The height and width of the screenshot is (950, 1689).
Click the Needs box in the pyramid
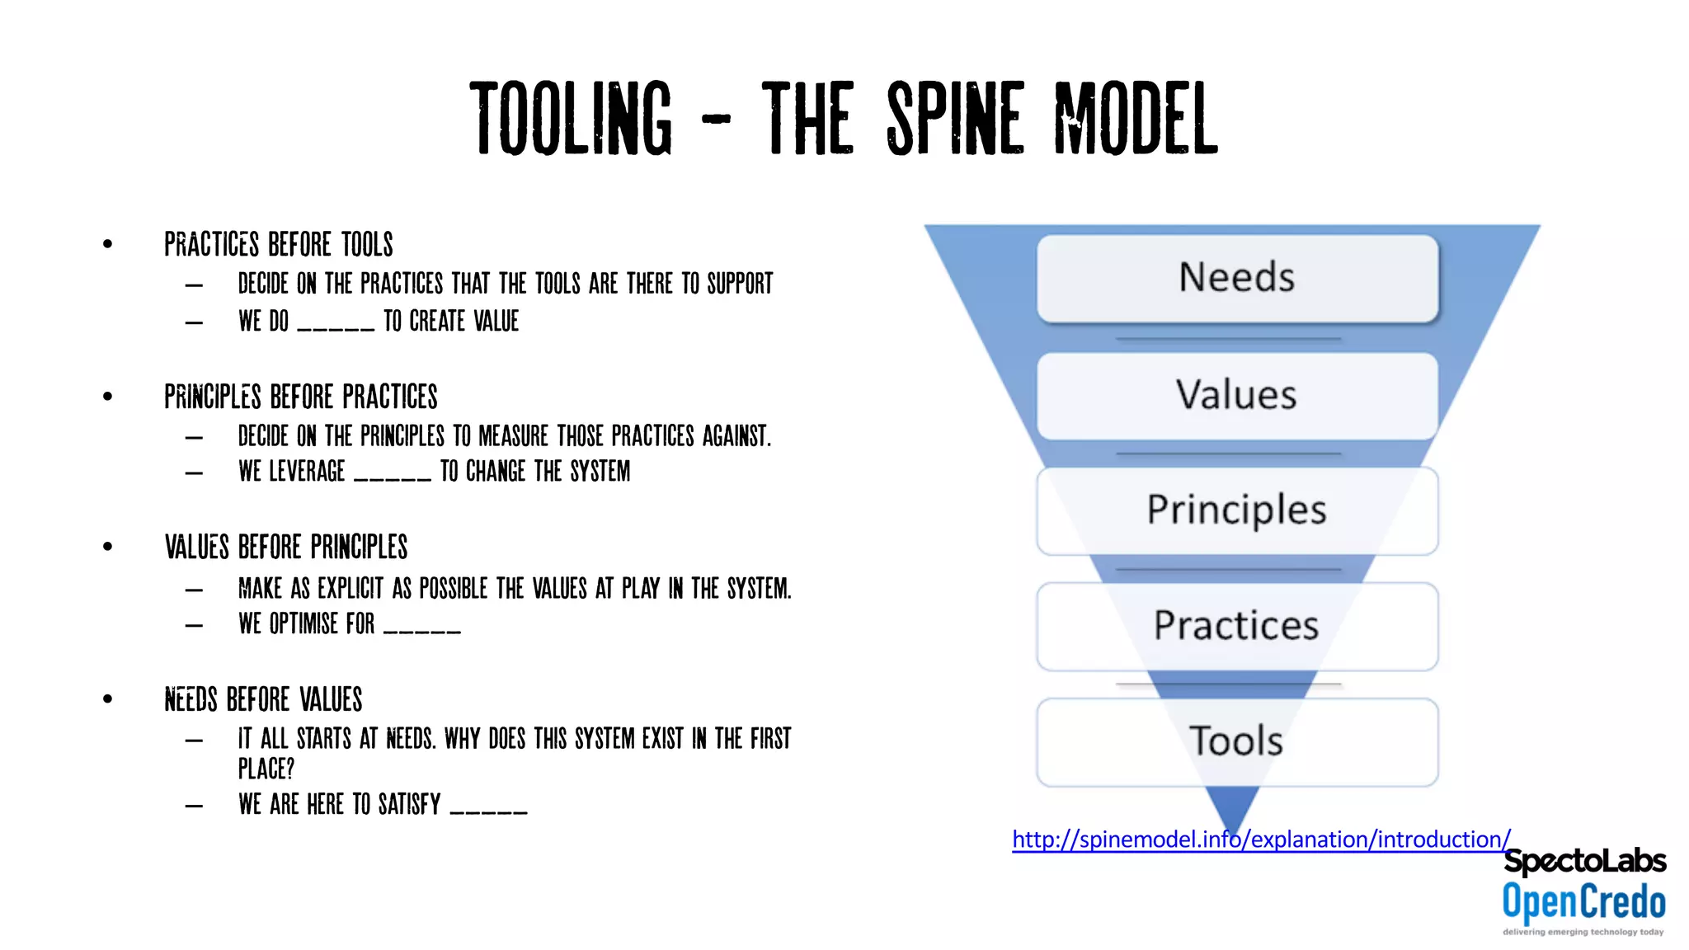pyautogui.click(x=1237, y=278)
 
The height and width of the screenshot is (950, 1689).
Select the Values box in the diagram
pyautogui.click(x=1237, y=395)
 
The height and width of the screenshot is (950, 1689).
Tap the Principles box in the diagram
pyautogui.click(x=1237, y=510)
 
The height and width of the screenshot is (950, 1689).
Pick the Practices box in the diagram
pyautogui.click(x=1237, y=626)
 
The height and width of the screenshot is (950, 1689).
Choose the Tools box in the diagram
pyautogui.click(x=1237, y=741)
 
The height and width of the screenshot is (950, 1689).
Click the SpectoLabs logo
pyautogui.click(x=1584, y=861)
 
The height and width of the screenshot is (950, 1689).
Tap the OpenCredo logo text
pyautogui.click(x=1583, y=901)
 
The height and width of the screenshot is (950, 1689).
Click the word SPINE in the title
pyautogui.click(x=956, y=120)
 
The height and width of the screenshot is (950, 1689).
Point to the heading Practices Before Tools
pyautogui.click(x=279, y=245)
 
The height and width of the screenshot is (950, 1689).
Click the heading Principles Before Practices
pyautogui.click(x=301, y=397)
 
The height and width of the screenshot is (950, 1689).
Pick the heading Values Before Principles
pyautogui.click(x=286, y=548)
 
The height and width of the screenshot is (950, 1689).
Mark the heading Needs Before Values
pyautogui.click(x=263, y=699)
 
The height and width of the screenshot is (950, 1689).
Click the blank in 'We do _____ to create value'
pyautogui.click(x=336, y=327)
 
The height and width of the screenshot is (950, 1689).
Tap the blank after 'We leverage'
pyautogui.click(x=393, y=477)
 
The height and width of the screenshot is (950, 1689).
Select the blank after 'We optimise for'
pyautogui.click(x=422, y=630)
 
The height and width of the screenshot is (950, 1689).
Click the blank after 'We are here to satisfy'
pyautogui.click(x=488, y=811)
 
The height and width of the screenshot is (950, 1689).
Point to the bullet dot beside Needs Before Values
pyautogui.click(x=108, y=699)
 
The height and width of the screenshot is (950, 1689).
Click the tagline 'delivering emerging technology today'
pyautogui.click(x=1583, y=932)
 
